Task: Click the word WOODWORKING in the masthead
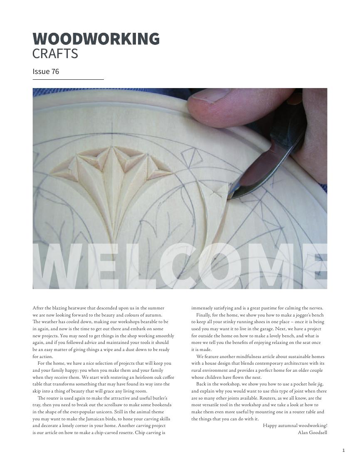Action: (x=96, y=39)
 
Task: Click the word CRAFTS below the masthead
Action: (x=55, y=54)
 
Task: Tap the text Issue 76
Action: (x=46, y=71)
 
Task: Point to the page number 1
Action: (x=343, y=450)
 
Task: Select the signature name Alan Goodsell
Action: (x=312, y=432)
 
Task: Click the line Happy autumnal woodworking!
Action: (x=295, y=425)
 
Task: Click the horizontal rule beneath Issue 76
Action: (x=68, y=79)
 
